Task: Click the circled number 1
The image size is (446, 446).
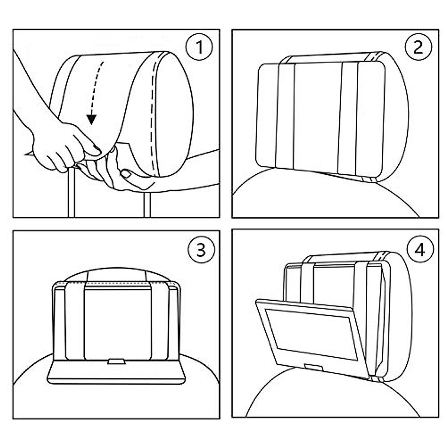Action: [x=199, y=47]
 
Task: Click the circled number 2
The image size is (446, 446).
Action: [x=418, y=47]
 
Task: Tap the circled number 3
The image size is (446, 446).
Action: [x=201, y=249]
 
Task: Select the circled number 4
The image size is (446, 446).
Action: [x=420, y=249]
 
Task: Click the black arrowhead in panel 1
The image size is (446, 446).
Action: [x=92, y=120]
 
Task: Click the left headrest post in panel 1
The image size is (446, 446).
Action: [x=71, y=193]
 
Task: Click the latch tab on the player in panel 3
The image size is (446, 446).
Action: [x=116, y=361]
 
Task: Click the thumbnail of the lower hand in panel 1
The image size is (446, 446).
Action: [x=126, y=174]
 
